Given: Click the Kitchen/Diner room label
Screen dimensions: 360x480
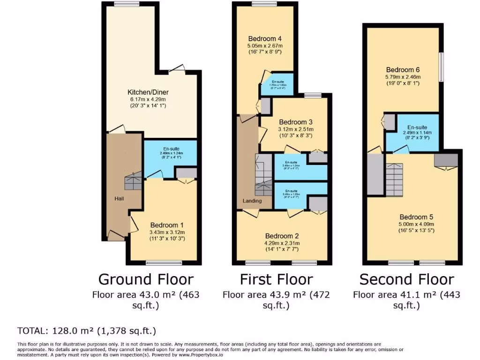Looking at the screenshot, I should (149, 92).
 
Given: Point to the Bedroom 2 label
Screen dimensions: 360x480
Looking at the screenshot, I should (282, 236).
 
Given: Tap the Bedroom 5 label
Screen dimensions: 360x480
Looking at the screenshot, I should (416, 217).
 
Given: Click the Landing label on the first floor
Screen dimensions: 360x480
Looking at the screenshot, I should (252, 201).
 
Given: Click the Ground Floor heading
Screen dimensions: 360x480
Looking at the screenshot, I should (145, 279).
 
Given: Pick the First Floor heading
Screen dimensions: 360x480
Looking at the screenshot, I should (276, 279).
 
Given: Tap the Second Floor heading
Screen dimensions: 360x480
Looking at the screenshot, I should (406, 279).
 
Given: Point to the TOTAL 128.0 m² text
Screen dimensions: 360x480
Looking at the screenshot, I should (87, 331).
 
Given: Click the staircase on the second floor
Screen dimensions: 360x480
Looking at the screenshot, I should (394, 178).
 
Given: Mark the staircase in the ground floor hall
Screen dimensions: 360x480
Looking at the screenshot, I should (134, 180).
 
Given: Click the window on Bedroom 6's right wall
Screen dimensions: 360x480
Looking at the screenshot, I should (441, 69).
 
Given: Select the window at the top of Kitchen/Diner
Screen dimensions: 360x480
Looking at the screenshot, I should (123, 4).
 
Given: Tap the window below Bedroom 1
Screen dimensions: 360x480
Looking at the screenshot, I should (160, 262).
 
